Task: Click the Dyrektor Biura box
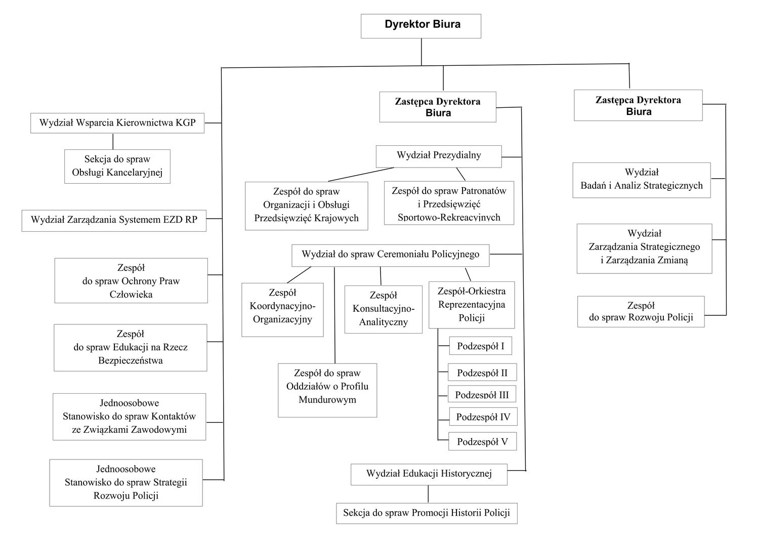coord(421,26)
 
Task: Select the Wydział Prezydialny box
coord(439,156)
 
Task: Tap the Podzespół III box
coord(482,394)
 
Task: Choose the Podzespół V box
coord(483,441)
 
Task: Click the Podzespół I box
coord(481,346)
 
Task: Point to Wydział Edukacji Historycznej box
coord(429,474)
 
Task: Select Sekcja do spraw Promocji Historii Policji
coord(427,513)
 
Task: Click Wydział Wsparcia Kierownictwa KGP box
coord(117,123)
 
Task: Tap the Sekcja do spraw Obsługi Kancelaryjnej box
coord(117,167)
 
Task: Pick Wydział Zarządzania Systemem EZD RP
coord(114,221)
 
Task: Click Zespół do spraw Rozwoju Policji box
coord(641,312)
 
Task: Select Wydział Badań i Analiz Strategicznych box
coord(642,180)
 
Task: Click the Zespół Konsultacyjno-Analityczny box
coord(383,309)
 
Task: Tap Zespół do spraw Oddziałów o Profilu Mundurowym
coord(327,390)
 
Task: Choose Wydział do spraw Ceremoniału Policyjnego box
coord(390,255)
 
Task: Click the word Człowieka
coord(131,294)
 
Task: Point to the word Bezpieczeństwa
coord(131,360)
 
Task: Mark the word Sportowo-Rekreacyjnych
coord(449,217)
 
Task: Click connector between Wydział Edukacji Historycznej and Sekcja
coord(428,494)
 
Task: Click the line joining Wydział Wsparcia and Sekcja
coord(113,141)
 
